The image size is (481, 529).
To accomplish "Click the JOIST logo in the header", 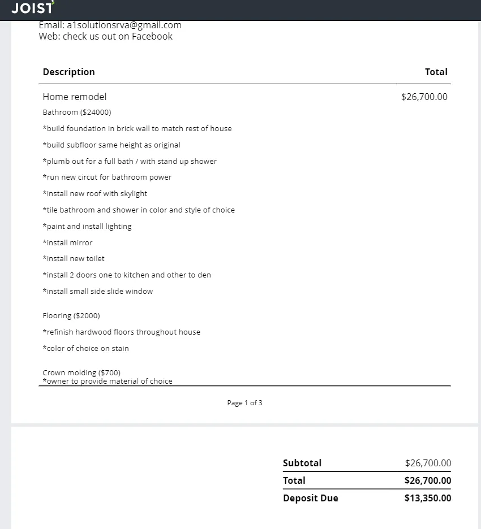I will (33, 8).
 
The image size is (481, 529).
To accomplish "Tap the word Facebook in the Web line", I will (152, 36).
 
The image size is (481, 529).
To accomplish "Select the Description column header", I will (68, 72).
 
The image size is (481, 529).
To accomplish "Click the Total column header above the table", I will (436, 72).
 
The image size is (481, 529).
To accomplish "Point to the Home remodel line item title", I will (74, 97).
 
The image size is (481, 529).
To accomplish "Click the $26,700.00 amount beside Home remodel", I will (424, 97).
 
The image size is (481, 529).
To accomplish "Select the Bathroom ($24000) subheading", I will (77, 112).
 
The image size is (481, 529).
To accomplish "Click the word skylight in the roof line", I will (134, 193).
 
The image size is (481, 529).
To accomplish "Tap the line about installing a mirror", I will (67, 242).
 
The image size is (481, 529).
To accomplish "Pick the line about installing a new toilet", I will (74, 258).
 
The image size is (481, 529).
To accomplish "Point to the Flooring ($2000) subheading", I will (71, 315).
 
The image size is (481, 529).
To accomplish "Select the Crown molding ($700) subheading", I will (81, 372).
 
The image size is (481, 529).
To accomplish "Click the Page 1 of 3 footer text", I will (244, 403).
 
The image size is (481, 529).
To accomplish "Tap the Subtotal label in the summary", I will (302, 463).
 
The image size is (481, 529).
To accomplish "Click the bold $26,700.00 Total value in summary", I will (427, 480).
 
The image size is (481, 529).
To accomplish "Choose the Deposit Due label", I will (311, 498).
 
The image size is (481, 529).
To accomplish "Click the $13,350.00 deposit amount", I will (427, 498).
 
